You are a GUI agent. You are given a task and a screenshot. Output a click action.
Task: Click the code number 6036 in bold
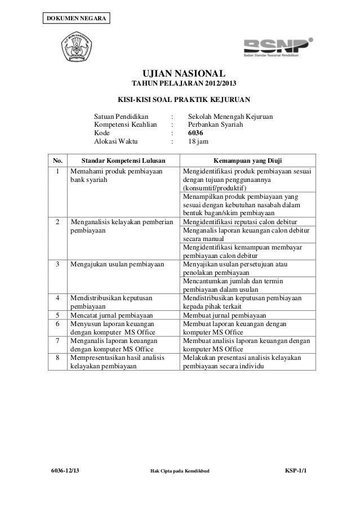coord(196,132)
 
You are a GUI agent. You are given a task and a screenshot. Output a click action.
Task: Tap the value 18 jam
coord(198,142)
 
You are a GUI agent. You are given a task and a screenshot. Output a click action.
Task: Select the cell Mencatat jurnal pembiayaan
coord(113,315)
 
